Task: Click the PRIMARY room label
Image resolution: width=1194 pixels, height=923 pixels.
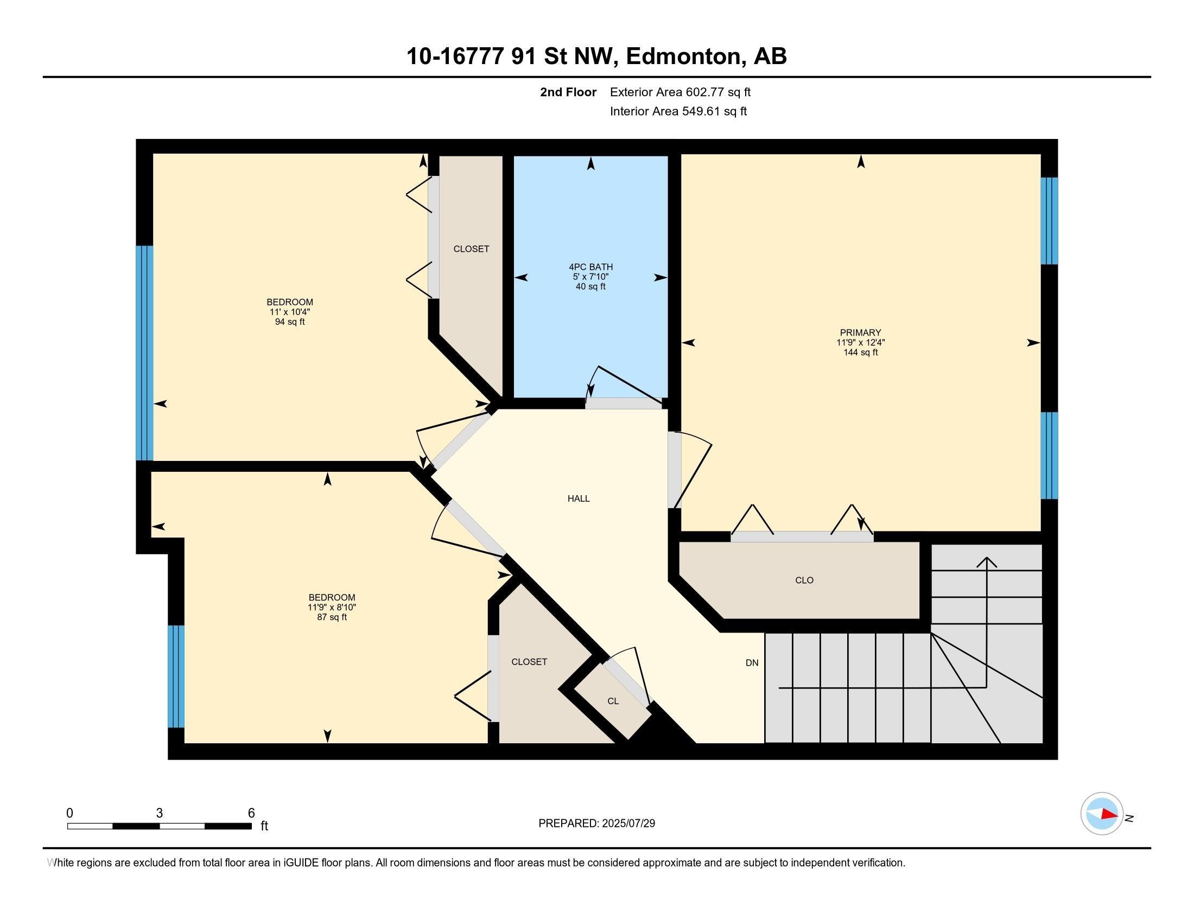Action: tap(861, 332)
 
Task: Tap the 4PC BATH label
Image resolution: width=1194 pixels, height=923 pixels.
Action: tap(590, 267)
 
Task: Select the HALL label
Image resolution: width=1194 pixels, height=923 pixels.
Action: tap(579, 498)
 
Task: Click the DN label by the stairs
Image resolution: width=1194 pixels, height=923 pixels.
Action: tap(752, 663)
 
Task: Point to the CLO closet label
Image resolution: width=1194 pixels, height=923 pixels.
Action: tap(804, 580)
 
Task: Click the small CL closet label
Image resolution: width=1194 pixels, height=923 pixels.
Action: tap(613, 701)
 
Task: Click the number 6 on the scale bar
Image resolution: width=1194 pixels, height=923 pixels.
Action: tap(251, 813)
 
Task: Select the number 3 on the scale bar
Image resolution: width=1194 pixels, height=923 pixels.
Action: tap(159, 813)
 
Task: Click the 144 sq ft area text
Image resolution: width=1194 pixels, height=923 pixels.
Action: tap(861, 352)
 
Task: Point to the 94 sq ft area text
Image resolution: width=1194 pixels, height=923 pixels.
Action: tap(290, 321)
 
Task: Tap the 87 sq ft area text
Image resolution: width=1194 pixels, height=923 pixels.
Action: tap(332, 617)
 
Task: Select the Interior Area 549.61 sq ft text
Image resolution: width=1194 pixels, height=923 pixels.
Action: tap(678, 111)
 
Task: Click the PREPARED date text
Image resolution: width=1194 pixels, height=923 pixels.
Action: tap(596, 824)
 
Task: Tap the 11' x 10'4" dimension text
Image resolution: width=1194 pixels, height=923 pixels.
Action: tap(290, 312)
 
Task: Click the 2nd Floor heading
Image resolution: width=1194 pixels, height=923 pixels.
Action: tap(568, 92)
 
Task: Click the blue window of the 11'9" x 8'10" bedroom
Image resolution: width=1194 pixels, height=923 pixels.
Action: tap(176, 677)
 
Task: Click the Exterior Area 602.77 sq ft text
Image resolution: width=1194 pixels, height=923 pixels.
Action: tap(681, 92)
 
